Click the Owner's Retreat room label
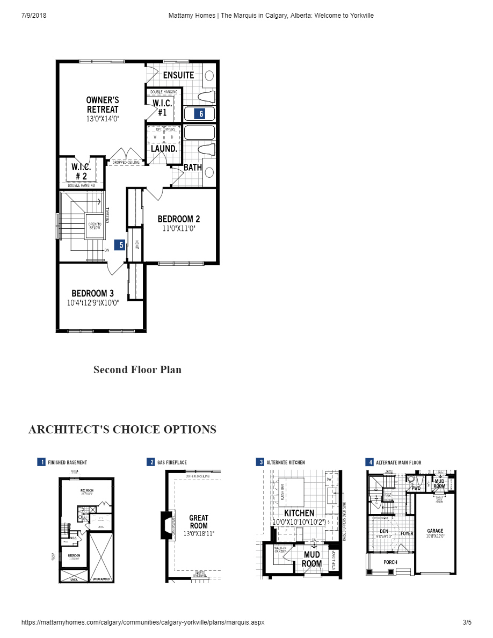(x=103, y=105)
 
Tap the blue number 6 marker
(x=201, y=114)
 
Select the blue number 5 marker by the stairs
(x=121, y=245)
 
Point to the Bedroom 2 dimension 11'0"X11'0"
(x=179, y=228)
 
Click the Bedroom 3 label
(x=92, y=294)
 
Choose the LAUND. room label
(x=164, y=149)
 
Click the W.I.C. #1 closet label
(x=162, y=108)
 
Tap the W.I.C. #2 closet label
(x=81, y=171)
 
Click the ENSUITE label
(x=178, y=75)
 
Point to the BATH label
(x=193, y=168)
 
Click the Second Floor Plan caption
(x=137, y=369)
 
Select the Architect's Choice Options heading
(x=122, y=430)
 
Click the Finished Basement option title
(x=67, y=462)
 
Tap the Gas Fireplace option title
(x=172, y=462)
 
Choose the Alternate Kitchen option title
(x=285, y=462)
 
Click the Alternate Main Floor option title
(x=398, y=462)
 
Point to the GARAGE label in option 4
(x=435, y=531)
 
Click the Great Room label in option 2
(x=199, y=522)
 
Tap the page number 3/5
(x=467, y=622)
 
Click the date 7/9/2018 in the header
(x=34, y=16)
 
